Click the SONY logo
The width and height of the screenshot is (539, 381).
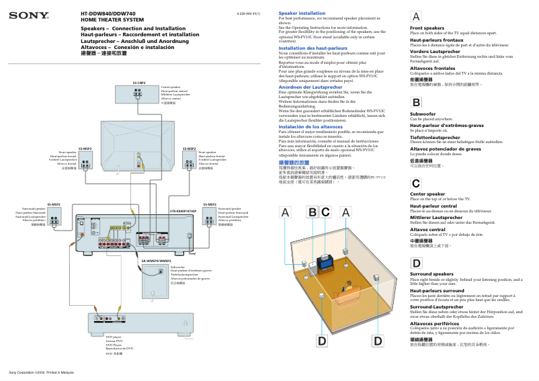pos(21,14)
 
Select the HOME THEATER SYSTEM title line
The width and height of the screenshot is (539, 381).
pos(112,20)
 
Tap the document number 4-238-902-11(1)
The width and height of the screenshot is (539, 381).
pos(248,13)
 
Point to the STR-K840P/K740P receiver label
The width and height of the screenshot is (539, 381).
pos(183,212)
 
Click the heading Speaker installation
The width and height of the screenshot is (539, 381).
pos(302,13)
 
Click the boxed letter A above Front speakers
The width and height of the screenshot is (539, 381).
pos(417,17)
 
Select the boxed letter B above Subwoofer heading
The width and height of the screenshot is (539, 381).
pos(417,103)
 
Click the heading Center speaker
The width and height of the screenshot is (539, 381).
pos(427,194)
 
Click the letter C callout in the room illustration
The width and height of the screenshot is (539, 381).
pos(325,212)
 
